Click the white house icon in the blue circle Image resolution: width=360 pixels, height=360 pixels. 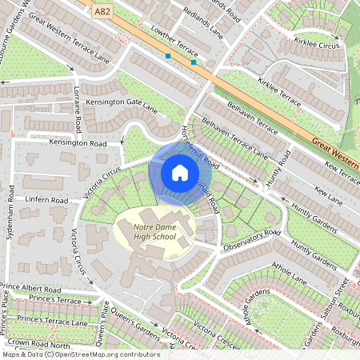coord(179,172)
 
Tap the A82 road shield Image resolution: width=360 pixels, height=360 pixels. coord(102,12)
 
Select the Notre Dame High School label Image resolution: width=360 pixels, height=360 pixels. coord(153,233)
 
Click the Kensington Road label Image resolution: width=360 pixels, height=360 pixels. coord(78,143)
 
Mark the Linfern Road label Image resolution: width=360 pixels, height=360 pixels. coord(47,198)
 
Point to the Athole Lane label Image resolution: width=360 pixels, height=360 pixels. coord(289,277)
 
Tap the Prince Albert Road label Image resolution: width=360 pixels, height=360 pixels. coord(30,287)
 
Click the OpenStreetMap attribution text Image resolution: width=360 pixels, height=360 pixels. coord(80,354)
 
